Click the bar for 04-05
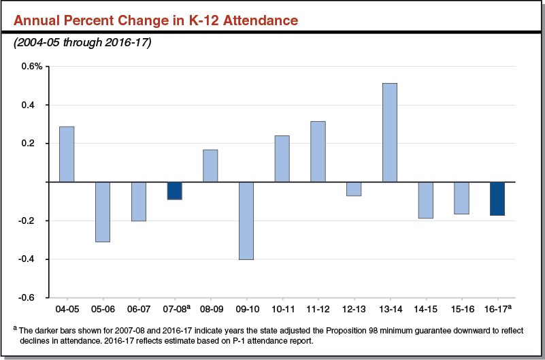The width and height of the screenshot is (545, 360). click(67, 154)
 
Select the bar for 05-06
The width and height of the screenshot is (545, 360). click(103, 212)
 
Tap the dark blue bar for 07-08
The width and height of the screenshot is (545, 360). click(174, 191)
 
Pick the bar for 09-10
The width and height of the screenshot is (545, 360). click(246, 220)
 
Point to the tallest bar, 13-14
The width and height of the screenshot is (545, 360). click(389, 133)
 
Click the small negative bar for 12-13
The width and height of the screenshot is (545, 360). click(354, 189)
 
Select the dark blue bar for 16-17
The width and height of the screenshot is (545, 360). click(497, 199)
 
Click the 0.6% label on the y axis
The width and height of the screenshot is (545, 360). click(31, 67)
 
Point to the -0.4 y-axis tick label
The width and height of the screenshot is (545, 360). click(34, 259)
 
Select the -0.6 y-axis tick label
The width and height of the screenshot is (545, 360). click(34, 298)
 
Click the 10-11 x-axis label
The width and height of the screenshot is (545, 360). click(282, 309)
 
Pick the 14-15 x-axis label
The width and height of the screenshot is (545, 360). click(425, 309)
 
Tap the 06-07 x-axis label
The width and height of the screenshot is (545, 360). click(139, 309)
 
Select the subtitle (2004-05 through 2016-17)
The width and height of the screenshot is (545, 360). click(82, 44)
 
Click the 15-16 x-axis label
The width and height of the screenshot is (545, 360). click(461, 309)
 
